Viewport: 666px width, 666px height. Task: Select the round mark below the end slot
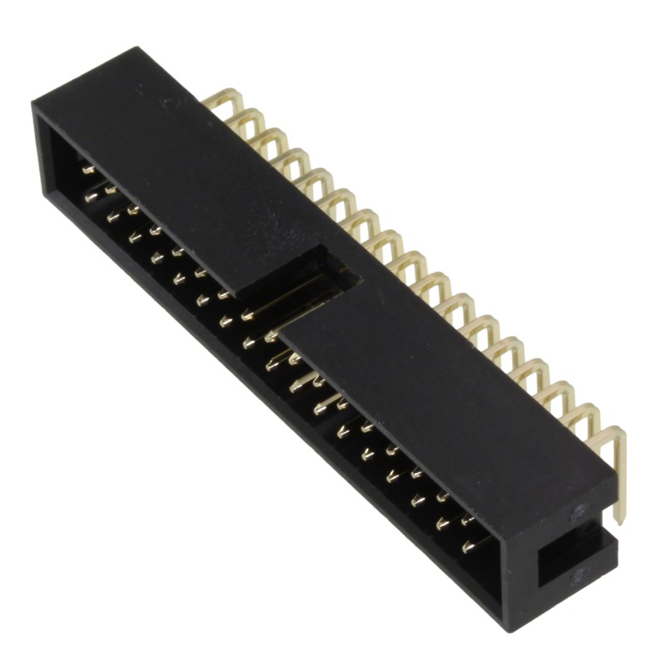577,574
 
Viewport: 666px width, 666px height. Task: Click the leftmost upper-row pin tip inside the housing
88,170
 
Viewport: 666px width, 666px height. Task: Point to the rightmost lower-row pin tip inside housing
468,547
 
